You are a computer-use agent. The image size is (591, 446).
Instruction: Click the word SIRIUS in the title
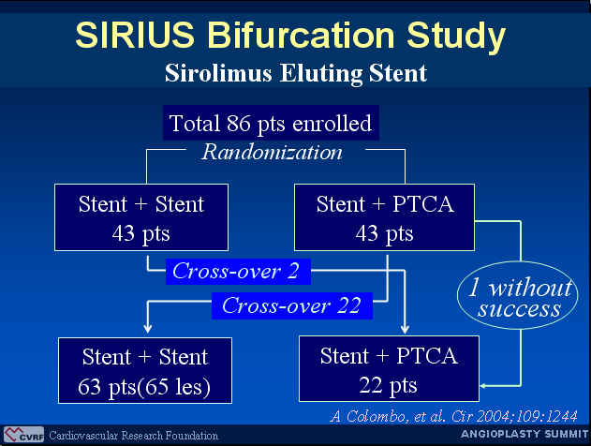click(x=135, y=35)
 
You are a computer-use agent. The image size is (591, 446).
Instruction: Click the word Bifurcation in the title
click(x=301, y=35)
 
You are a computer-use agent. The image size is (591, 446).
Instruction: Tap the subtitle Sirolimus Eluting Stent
click(x=296, y=73)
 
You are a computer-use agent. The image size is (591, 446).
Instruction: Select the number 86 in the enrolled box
click(x=238, y=123)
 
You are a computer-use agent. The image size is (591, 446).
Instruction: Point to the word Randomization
click(x=272, y=153)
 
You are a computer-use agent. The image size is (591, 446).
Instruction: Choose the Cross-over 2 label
click(x=238, y=272)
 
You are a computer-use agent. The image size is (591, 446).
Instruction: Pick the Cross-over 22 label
click(x=292, y=305)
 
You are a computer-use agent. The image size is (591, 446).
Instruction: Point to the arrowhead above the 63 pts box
click(x=148, y=328)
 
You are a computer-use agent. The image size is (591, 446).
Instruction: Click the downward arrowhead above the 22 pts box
click(x=405, y=329)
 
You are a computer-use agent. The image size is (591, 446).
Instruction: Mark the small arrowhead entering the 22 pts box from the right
click(x=483, y=386)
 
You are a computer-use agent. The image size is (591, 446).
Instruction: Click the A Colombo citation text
click(x=454, y=416)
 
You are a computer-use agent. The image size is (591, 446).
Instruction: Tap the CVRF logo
click(x=23, y=435)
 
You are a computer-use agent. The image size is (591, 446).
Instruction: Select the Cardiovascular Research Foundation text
click(x=133, y=436)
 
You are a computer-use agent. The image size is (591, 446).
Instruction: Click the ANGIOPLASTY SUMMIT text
click(x=525, y=435)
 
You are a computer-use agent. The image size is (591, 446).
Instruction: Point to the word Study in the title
click(x=456, y=37)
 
